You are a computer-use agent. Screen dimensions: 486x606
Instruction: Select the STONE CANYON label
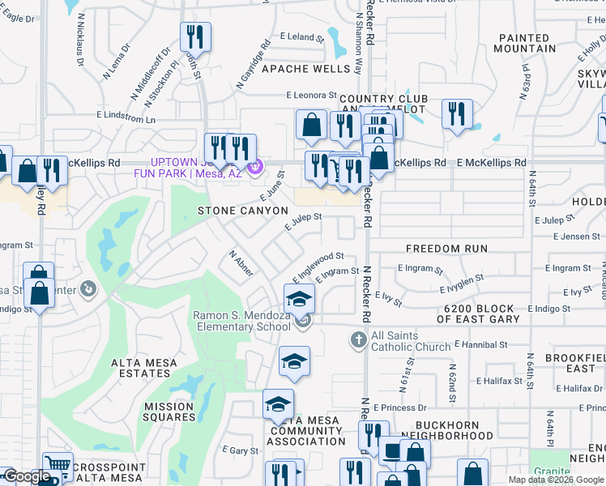coord(243,211)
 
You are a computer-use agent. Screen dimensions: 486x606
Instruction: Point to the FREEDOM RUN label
coord(446,249)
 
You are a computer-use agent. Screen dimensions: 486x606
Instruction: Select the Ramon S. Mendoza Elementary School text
coord(241,321)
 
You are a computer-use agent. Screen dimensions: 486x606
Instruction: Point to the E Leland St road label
coord(301,36)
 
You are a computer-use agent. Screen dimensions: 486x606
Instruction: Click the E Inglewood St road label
coord(318,263)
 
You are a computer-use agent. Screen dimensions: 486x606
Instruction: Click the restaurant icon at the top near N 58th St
coord(194,36)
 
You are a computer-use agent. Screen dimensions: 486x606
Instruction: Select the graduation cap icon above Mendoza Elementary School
coord(299,297)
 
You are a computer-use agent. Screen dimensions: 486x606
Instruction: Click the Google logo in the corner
coord(27,476)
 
